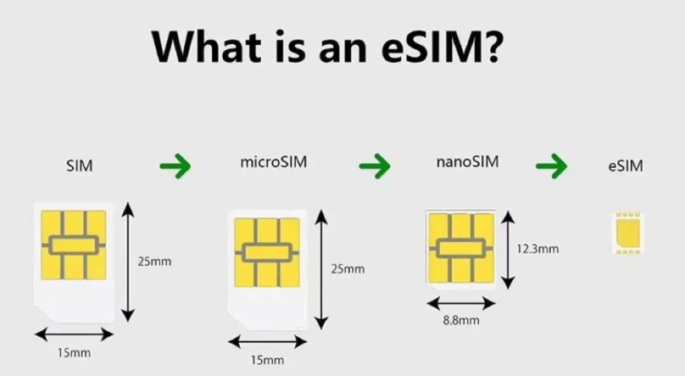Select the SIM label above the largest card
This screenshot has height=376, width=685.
79,167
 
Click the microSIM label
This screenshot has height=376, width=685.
269,162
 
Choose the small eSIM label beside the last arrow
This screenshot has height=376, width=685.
625,167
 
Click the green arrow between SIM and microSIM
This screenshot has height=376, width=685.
175,165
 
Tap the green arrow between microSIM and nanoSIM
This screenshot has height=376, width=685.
374,165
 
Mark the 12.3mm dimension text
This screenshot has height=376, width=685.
537,249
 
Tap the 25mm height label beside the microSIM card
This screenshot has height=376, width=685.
348,269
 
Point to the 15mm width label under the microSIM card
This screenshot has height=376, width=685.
267,360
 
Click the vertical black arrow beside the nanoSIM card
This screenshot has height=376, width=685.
508,250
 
